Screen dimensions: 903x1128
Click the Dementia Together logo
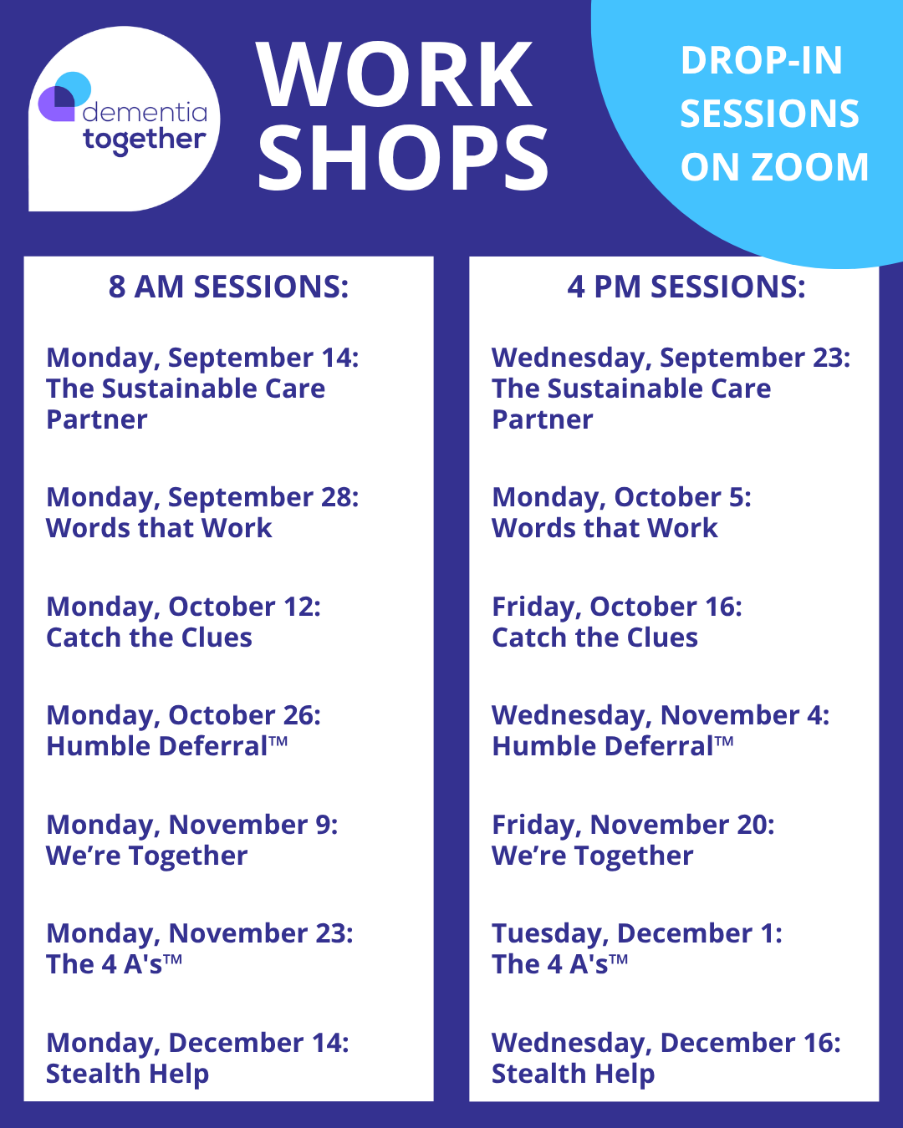124,119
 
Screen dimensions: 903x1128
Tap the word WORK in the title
395,75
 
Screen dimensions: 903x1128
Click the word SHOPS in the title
403,158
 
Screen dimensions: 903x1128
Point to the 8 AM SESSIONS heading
228,287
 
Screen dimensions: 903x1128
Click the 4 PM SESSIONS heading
686,287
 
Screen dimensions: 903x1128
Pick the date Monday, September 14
202,358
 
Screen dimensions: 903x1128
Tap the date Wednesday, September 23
671,358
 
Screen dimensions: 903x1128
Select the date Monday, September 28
202,497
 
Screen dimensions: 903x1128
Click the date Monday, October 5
622,497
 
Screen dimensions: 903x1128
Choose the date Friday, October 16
617,607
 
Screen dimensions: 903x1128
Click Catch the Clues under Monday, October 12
149,638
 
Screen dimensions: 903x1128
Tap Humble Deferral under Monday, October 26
167,746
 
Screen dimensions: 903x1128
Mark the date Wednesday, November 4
661,716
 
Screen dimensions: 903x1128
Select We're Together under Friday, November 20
592,856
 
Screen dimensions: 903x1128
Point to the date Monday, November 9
192,826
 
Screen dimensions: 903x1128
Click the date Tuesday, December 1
637,934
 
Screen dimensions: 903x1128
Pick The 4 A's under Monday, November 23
114,964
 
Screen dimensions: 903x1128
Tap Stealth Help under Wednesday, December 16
573,1074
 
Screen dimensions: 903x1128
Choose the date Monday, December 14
197,1043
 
